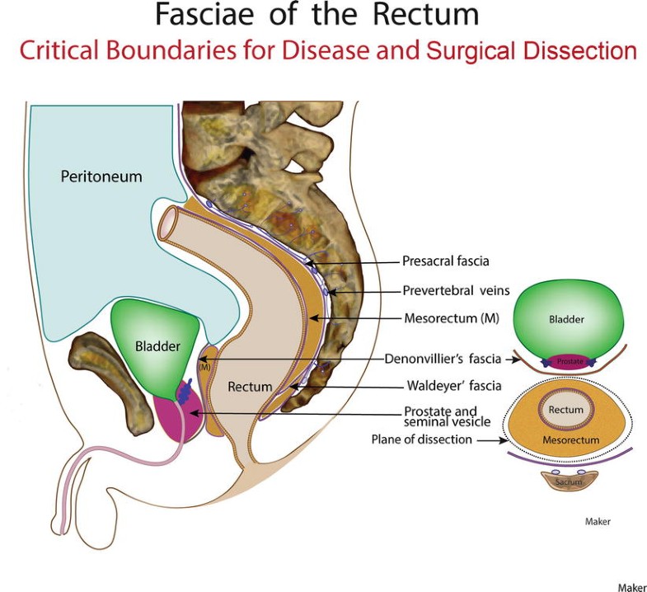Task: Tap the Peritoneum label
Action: (x=101, y=176)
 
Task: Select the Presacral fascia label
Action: (x=446, y=261)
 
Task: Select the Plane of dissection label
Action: (x=421, y=439)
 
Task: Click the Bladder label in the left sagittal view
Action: (x=157, y=347)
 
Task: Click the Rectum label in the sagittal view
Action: (x=250, y=387)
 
